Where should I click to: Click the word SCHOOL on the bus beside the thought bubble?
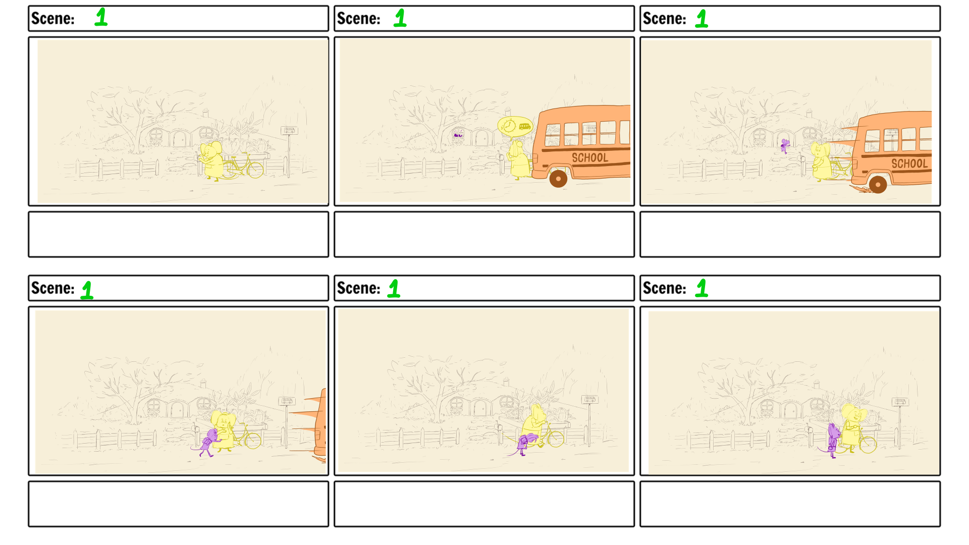590,157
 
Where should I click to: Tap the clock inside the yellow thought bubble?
509,126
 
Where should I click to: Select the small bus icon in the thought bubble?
525,126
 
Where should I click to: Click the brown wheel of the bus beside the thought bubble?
558,179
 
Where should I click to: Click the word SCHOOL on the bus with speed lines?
909,163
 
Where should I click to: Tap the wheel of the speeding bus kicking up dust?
878,185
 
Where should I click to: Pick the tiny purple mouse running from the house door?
785,146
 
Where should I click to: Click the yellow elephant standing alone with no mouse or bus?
212,160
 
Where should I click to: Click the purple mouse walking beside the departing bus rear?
207,443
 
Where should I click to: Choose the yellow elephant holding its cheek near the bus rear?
224,430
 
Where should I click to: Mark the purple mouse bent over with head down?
526,444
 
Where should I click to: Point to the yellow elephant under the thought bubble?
518,160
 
